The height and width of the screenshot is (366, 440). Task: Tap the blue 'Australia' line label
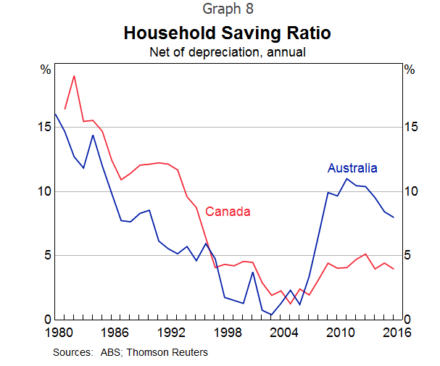pos(352,168)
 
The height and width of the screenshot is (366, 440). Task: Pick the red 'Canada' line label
pos(228,212)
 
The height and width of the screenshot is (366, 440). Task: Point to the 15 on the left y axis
pos(44,127)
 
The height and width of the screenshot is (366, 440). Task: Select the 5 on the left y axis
pos(47,255)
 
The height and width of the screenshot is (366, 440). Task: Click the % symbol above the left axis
pos(46,70)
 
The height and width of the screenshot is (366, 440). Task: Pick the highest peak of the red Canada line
pos(74,75)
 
